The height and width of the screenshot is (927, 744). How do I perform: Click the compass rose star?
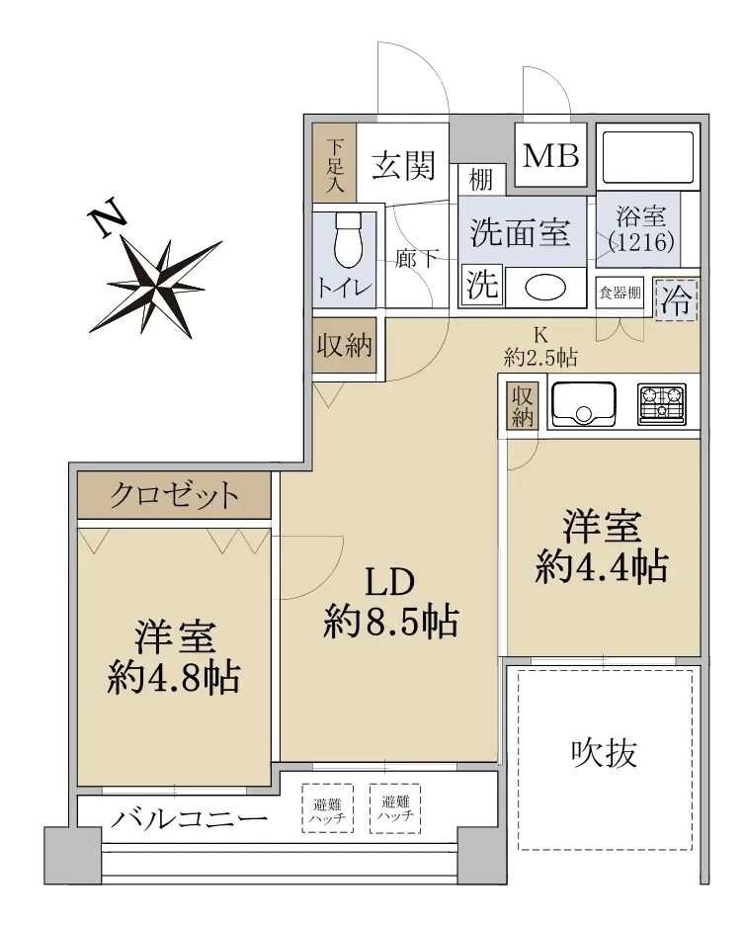(156, 288)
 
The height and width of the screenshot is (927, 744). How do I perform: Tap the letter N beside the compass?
(107, 217)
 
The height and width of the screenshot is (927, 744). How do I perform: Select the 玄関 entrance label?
(403, 165)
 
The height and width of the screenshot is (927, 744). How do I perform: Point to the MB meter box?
(550, 155)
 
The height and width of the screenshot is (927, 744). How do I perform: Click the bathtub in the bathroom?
(647, 158)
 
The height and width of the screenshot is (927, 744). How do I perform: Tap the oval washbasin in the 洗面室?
(545, 288)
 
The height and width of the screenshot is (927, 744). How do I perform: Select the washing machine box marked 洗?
(482, 286)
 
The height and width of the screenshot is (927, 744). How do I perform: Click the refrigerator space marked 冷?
(676, 299)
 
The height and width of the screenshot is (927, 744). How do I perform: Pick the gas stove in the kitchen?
(662, 404)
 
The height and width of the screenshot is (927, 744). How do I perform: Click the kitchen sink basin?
(583, 404)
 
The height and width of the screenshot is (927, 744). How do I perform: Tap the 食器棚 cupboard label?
(619, 293)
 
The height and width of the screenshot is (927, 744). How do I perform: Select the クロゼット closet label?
(174, 495)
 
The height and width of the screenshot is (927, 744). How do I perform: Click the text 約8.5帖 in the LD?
(390, 621)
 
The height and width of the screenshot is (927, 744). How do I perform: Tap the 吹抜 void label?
(604, 753)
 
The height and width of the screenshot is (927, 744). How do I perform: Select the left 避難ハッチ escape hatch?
(327, 808)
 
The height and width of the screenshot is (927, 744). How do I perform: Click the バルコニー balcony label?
(190, 819)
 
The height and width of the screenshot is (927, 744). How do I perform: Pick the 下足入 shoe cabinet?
(334, 161)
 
